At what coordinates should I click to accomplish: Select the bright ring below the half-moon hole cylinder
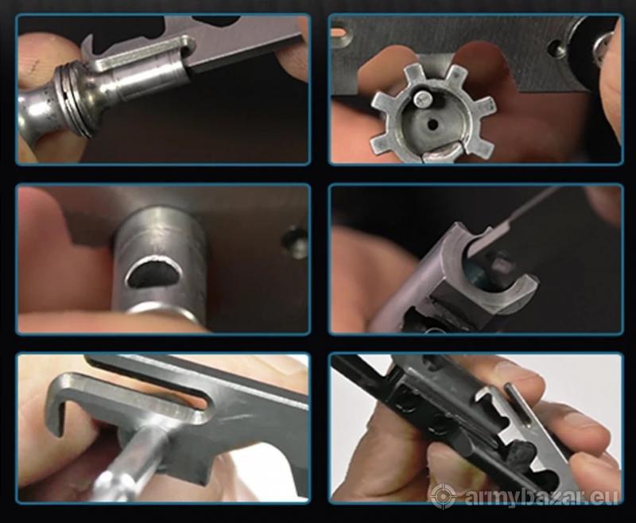(x=161, y=314)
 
